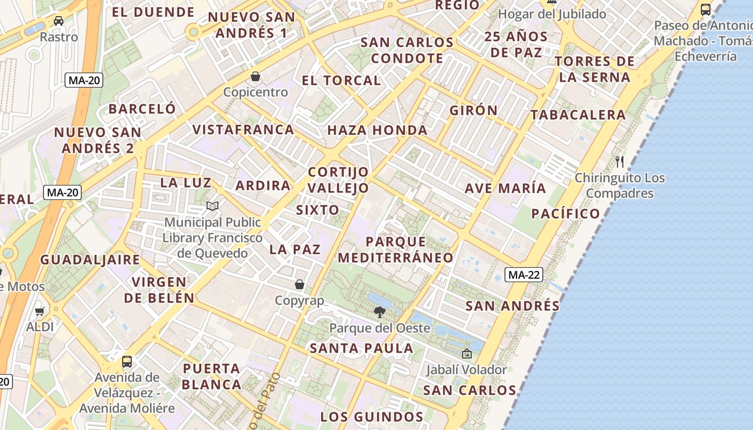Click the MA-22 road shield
click(x=524, y=275)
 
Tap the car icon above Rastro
click(x=59, y=21)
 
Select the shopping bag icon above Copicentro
click(x=255, y=76)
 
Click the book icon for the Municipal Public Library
click(x=212, y=206)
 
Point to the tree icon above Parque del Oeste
click(x=380, y=312)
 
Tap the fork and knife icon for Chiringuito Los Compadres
click(x=620, y=161)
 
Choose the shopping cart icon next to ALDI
click(x=40, y=311)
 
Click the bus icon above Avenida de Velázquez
click(x=127, y=362)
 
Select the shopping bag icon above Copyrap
click(x=300, y=284)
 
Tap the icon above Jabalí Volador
click(x=466, y=354)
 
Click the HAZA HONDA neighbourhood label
click(x=377, y=130)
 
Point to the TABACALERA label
click(x=578, y=114)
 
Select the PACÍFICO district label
click(x=565, y=213)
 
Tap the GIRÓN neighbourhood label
click(x=474, y=110)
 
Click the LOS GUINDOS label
click(x=372, y=417)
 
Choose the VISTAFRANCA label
click(x=243, y=130)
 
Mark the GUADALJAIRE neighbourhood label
click(x=90, y=260)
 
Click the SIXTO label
click(x=317, y=210)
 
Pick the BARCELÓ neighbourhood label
click(x=142, y=109)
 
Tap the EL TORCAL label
click(x=341, y=81)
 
